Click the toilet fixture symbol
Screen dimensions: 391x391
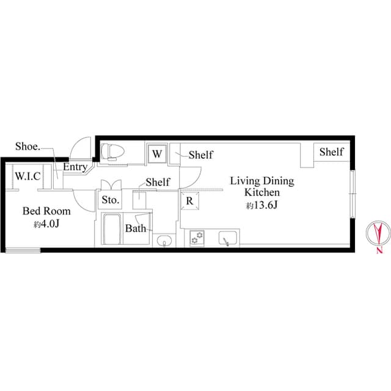[x=112, y=152]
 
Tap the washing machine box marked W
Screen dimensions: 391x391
[x=157, y=154]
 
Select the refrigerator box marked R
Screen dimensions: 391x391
[x=190, y=201]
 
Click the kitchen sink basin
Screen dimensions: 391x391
[x=228, y=238]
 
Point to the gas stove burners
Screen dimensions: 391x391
[x=197, y=238]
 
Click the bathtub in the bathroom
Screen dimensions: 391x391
[x=112, y=228]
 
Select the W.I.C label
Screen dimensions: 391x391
[x=28, y=177]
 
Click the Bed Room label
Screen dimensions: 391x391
[x=46, y=211]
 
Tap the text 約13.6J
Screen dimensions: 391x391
[x=262, y=205]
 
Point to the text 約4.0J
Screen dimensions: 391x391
[x=46, y=224]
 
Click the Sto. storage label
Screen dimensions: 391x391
[x=111, y=200]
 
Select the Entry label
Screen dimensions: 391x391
[x=75, y=167]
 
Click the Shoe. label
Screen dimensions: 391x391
[x=27, y=147]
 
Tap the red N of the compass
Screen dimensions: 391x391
[x=379, y=250]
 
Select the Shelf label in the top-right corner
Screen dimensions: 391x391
[x=331, y=152]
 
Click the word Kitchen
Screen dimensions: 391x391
[x=262, y=192]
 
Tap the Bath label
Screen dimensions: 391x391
[x=136, y=228]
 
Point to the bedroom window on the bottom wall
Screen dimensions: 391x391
[x=23, y=250]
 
